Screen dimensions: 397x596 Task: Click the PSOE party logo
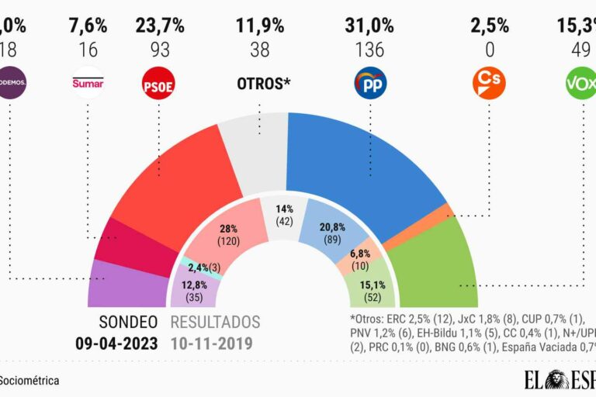pyautogui.click(x=159, y=83)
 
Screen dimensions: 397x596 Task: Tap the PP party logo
pyautogui.click(x=370, y=83)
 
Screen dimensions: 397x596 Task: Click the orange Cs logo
pyautogui.click(x=489, y=83)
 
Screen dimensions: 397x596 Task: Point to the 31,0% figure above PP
pyautogui.click(x=370, y=25)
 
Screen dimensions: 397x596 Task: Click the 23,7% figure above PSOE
pyautogui.click(x=159, y=25)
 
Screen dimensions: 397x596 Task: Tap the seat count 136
pyautogui.click(x=370, y=50)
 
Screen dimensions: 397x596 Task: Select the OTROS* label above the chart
pyautogui.click(x=263, y=82)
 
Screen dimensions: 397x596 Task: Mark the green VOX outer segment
pyautogui.click(x=435, y=264)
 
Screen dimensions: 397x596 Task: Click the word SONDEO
pyautogui.click(x=128, y=323)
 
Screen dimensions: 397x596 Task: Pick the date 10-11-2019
pyautogui.click(x=215, y=342)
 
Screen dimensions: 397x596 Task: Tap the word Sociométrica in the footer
pyautogui.click(x=29, y=381)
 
